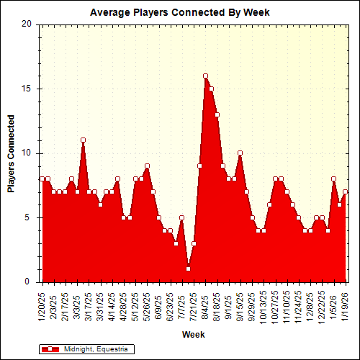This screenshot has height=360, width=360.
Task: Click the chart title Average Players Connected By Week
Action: pyautogui.click(x=179, y=12)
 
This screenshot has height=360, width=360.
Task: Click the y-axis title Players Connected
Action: pyautogui.click(x=11, y=153)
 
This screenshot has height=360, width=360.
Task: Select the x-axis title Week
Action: pyautogui.click(x=193, y=335)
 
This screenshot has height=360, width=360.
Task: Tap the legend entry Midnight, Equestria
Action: pyautogui.click(x=86, y=349)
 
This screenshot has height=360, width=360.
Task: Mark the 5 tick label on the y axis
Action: pyautogui.click(x=28, y=217)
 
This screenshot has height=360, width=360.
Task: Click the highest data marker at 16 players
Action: pyautogui.click(x=205, y=76)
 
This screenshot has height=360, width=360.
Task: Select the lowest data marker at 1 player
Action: pyautogui.click(x=188, y=269)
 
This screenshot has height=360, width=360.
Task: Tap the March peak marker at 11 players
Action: pyautogui.click(x=83, y=140)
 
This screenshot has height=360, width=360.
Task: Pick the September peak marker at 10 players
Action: pyautogui.click(x=240, y=153)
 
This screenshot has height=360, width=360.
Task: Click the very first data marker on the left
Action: pyautogui.click(x=42, y=179)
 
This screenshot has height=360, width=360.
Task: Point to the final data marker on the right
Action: pyautogui.click(x=346, y=192)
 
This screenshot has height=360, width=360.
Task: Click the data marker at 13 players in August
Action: pyautogui.click(x=217, y=114)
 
